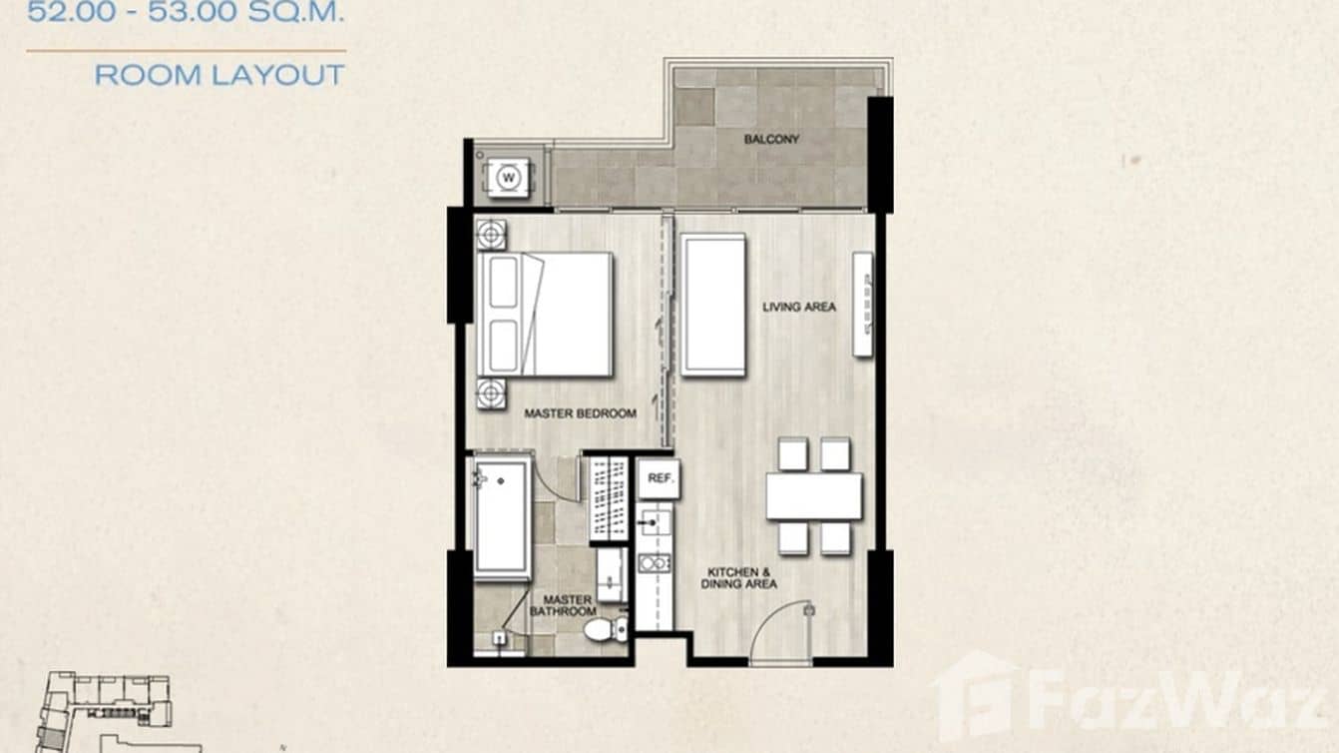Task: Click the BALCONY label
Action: coord(771,140)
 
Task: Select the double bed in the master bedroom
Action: coord(546,314)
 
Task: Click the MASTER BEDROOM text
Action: coord(580,413)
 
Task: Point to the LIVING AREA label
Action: coord(799,307)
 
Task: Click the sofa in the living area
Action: coord(713,305)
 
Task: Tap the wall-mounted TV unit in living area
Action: coord(862,304)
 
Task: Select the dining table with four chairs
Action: coord(814,495)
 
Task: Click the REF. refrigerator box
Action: coord(659,478)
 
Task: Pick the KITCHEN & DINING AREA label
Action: coord(741,577)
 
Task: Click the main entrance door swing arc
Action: coord(783,629)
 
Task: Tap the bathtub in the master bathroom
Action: coord(501,517)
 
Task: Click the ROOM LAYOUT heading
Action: coord(220,75)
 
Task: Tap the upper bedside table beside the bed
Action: coord(491,235)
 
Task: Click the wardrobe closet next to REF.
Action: coord(608,498)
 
